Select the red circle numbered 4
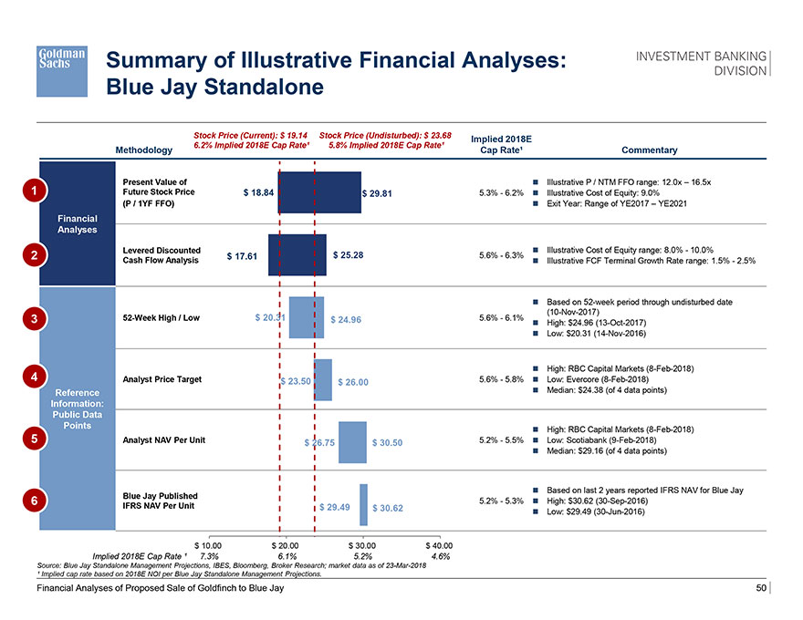[x=34, y=377]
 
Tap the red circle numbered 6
[x=34, y=501]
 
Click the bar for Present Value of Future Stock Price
[x=319, y=192]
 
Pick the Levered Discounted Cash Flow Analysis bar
[x=297, y=254]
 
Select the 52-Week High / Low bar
[x=306, y=317]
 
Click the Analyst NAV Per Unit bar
[x=352, y=442]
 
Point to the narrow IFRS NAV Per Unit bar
[x=363, y=504]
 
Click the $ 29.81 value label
[x=379, y=193]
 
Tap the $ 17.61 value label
[x=241, y=256]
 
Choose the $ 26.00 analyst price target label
[x=353, y=382]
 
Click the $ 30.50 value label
[x=387, y=444]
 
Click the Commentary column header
[x=649, y=150]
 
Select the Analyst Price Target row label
[x=162, y=379]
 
